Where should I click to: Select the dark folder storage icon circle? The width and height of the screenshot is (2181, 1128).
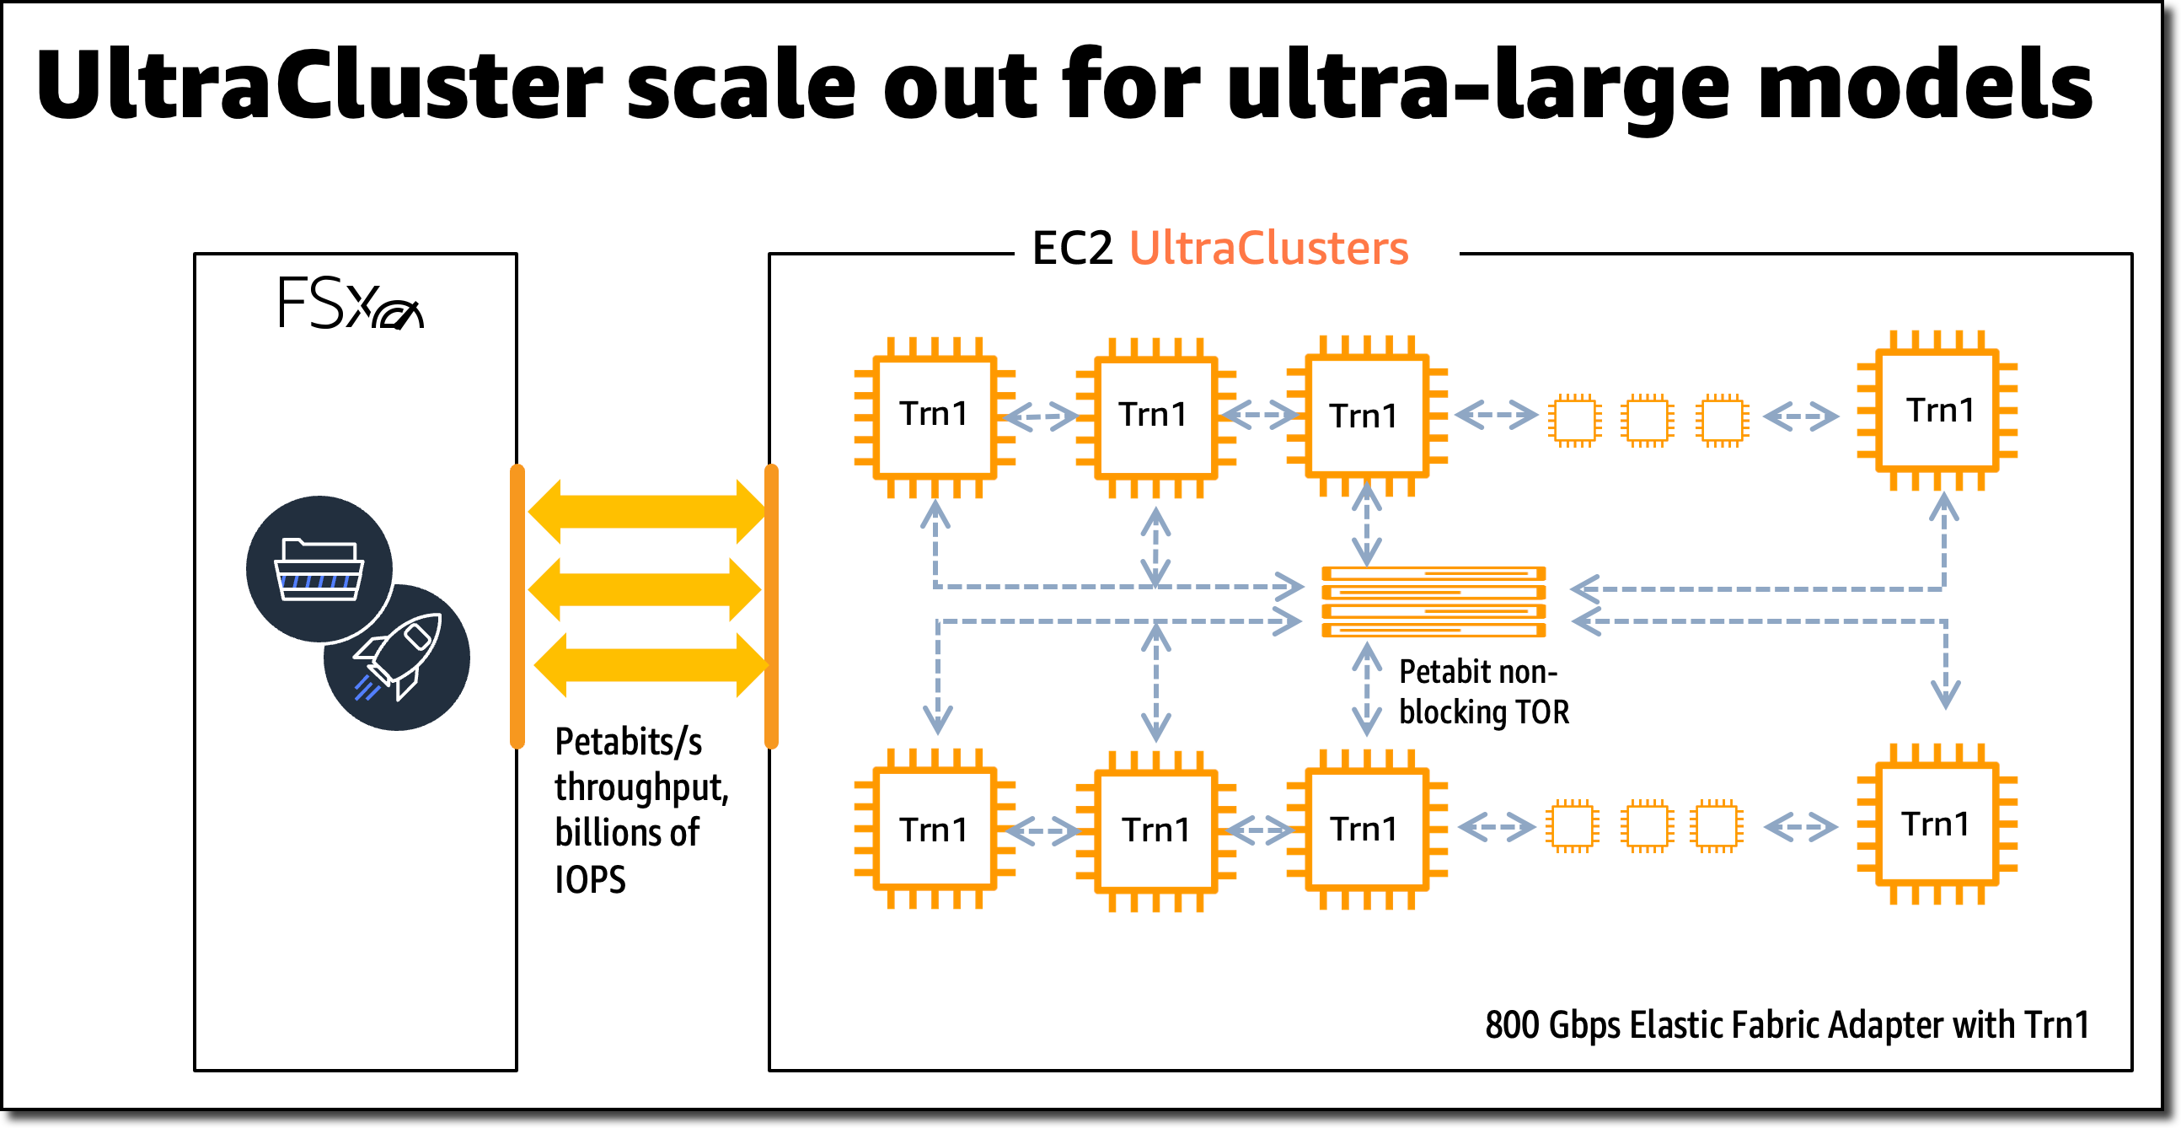coord(319,569)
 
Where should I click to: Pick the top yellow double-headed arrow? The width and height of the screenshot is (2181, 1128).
coord(647,512)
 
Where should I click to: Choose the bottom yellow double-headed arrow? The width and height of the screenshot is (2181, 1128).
coord(651,666)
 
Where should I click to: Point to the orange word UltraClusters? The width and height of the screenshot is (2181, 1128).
coord(1268,248)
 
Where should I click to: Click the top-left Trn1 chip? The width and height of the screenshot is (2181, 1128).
coord(934,416)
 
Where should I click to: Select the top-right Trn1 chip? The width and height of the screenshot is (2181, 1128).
coord(1938,411)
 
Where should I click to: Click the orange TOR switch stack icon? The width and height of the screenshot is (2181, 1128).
coord(1433,602)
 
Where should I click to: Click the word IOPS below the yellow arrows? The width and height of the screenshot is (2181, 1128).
coord(590,880)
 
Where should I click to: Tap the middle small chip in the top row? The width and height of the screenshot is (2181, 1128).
coord(1647,419)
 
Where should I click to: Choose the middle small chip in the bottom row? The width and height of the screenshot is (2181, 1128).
coord(1647,826)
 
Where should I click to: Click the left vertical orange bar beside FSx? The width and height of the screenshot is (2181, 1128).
coord(517,606)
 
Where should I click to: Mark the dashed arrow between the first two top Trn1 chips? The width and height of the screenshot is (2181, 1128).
coord(1042,416)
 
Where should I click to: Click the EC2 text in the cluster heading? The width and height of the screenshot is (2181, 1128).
coord(1072,248)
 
